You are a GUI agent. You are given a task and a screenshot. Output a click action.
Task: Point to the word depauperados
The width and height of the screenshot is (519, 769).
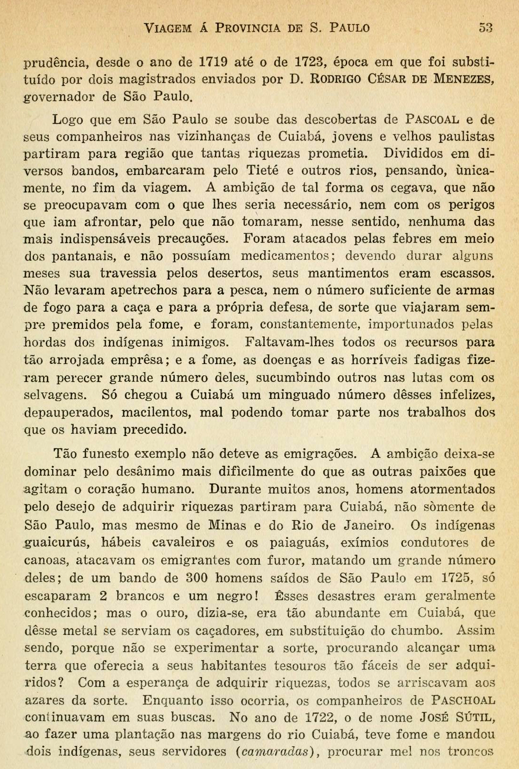(68, 412)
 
